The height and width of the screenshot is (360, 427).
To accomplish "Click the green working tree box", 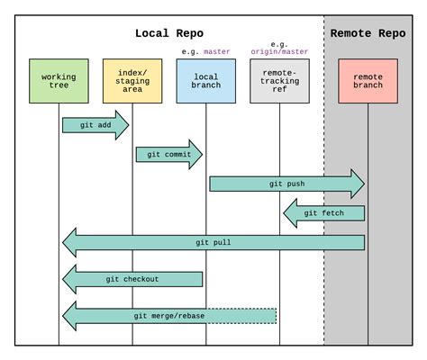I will [59, 82].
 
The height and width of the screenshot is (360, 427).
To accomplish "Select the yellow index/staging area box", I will [132, 82].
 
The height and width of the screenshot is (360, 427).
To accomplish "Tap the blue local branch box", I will [206, 82].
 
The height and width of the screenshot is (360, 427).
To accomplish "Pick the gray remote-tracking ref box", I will [279, 82].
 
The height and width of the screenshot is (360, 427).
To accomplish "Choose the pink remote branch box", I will [368, 82].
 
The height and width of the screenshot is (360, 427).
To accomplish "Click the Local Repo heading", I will [169, 33].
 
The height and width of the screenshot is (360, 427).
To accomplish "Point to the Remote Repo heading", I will [368, 33].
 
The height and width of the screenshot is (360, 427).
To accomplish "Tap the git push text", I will [286, 184].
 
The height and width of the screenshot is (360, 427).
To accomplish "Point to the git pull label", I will [213, 243].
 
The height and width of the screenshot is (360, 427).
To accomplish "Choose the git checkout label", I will [132, 279].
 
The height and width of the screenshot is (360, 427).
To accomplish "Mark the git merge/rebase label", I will [169, 315].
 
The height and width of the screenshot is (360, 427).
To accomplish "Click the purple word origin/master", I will [279, 52].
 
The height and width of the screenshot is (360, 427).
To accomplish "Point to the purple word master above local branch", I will [217, 52].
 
